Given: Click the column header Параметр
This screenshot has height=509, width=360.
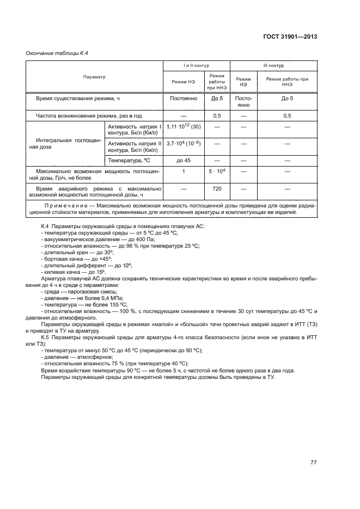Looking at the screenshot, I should click(x=94, y=77).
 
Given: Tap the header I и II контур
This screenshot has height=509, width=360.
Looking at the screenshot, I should click(x=197, y=65).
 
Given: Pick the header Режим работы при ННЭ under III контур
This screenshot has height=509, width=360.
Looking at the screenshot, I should click(x=287, y=82).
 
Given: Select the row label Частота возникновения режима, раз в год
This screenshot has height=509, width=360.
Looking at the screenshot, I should click(x=89, y=116).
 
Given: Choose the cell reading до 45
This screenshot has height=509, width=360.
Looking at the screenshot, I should click(x=184, y=161).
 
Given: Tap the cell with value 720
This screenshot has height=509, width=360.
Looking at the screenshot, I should click(x=217, y=188).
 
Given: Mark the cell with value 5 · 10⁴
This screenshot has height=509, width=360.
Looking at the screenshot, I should click(x=217, y=171).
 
